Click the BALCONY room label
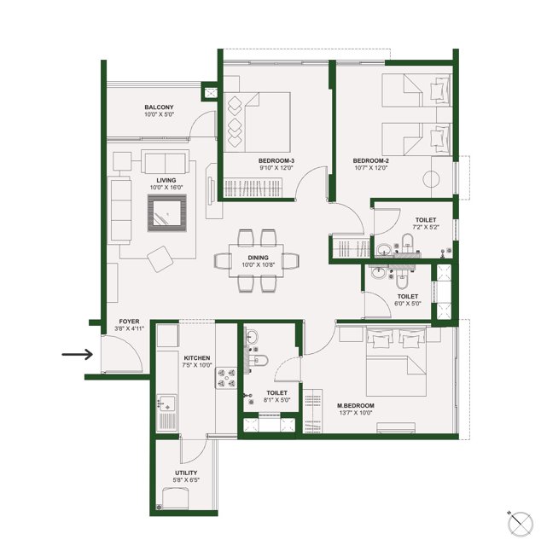click(x=159, y=107)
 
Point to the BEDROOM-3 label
click(x=276, y=160)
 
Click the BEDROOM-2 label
click(x=370, y=160)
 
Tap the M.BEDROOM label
click(x=352, y=405)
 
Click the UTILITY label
click(x=186, y=473)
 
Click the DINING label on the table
click(x=258, y=257)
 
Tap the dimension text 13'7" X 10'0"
click(x=352, y=414)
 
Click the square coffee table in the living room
click(x=167, y=211)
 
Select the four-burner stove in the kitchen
click(x=226, y=378)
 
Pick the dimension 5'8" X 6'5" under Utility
click(x=186, y=481)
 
